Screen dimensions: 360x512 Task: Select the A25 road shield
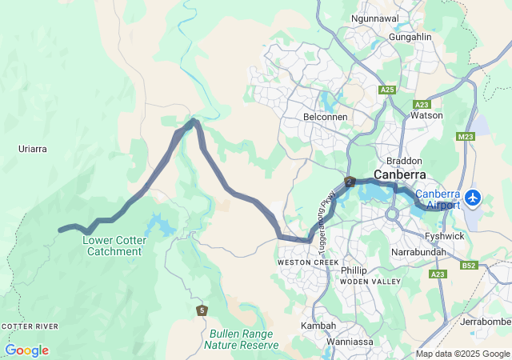(388, 90)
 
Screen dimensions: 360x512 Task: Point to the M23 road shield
(466, 137)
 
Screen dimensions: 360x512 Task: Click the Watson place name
(426, 115)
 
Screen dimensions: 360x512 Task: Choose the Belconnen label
(325, 116)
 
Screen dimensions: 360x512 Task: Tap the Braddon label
(403, 161)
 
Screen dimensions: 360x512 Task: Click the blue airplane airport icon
(474, 196)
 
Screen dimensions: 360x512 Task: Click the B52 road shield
(470, 266)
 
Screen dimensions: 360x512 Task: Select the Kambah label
(318, 326)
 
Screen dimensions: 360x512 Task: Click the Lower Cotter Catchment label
(112, 245)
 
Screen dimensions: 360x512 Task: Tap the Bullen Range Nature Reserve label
(241, 339)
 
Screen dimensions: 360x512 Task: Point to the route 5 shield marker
(202, 310)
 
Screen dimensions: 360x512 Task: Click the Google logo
(26, 350)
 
